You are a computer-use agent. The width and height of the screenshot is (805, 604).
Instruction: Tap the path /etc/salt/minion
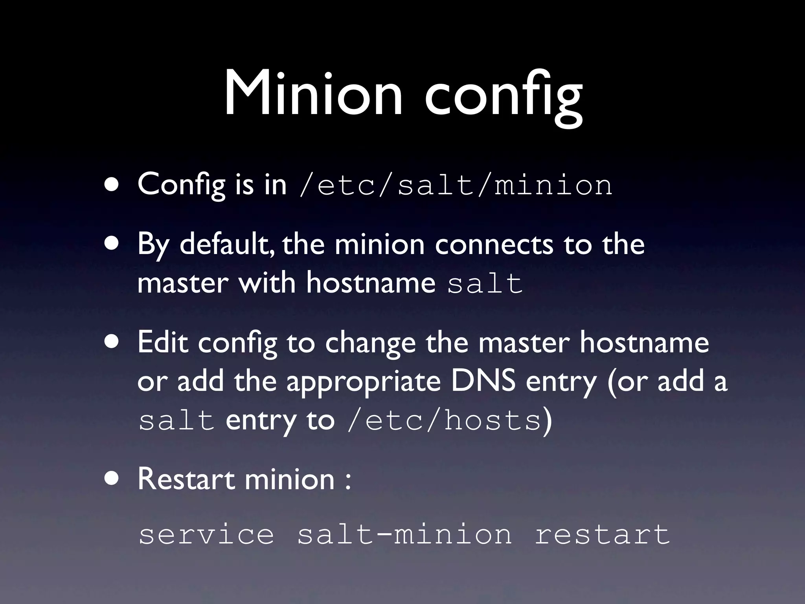pyautogui.click(x=455, y=185)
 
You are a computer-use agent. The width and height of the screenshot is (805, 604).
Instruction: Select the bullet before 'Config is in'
pyautogui.click(x=112, y=185)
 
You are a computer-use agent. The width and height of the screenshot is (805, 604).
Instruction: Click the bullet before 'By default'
pyautogui.click(x=112, y=244)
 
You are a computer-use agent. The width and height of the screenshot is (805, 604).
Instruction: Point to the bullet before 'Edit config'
pyautogui.click(x=112, y=342)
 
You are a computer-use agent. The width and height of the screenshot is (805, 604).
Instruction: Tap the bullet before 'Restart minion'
pyautogui.click(x=112, y=479)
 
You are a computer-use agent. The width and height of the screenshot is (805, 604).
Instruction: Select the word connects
pyautogui.click(x=494, y=244)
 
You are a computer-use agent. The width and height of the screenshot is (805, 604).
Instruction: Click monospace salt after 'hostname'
pyautogui.click(x=485, y=284)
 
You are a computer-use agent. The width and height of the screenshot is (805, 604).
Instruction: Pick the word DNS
pyautogui.click(x=483, y=381)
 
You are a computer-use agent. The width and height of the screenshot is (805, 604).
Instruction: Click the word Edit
pyautogui.click(x=163, y=342)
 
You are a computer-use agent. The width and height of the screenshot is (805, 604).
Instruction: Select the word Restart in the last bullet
pyautogui.click(x=186, y=479)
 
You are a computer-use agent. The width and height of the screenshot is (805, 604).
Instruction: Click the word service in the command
pyautogui.click(x=206, y=535)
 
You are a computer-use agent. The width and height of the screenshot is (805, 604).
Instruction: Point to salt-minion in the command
pyautogui.click(x=405, y=535)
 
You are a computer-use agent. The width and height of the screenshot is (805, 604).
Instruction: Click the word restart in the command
pyautogui.click(x=602, y=535)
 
